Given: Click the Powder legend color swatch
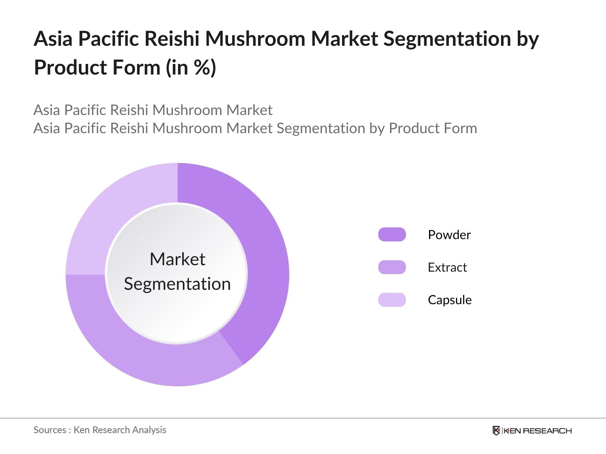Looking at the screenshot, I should click(x=392, y=235).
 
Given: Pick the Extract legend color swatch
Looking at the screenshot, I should click(x=392, y=267).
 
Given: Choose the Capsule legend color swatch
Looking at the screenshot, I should click(x=392, y=300).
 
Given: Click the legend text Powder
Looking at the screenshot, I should click(x=449, y=235).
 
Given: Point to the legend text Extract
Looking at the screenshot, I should click(x=447, y=267).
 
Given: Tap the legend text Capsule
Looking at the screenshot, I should click(x=450, y=300).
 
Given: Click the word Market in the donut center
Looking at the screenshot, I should click(x=177, y=260).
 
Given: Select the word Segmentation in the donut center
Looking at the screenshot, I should click(x=177, y=284).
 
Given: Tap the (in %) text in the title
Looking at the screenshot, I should click(x=191, y=68).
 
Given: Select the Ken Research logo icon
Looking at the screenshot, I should click(x=496, y=431).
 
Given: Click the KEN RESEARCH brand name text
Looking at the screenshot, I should click(x=538, y=431).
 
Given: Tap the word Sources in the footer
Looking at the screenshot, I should click(x=50, y=430).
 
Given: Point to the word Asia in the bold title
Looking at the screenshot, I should click(x=53, y=39).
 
